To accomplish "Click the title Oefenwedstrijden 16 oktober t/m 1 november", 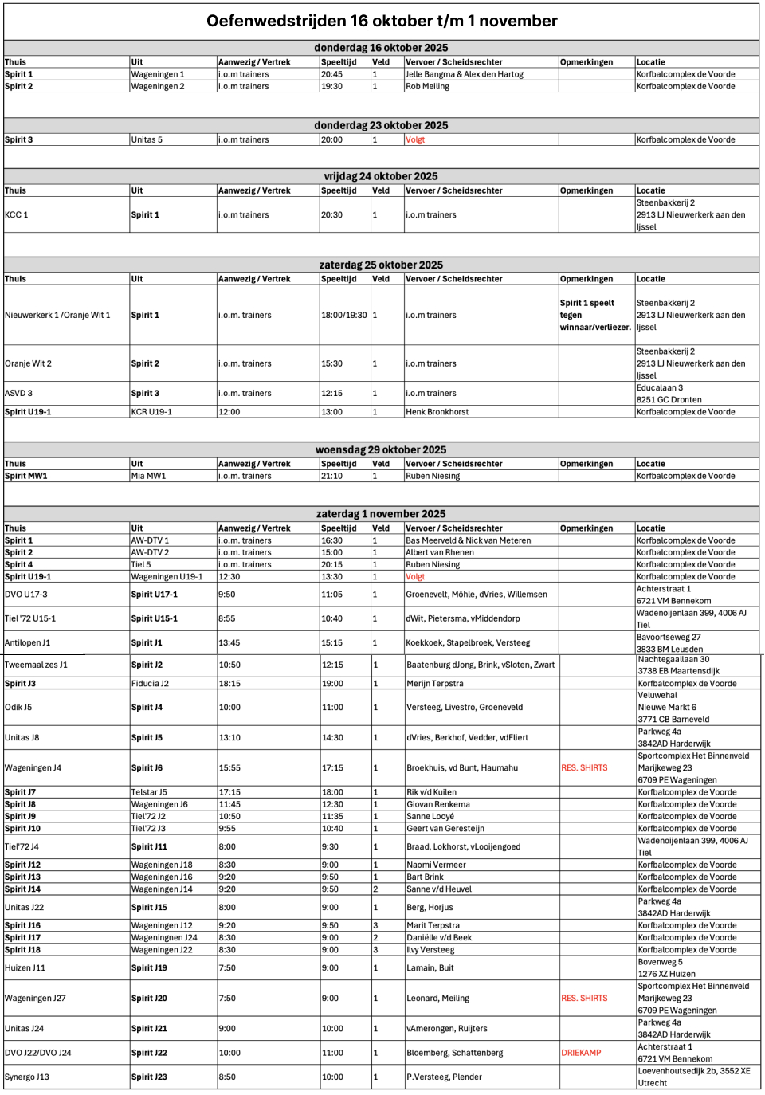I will click(382, 22).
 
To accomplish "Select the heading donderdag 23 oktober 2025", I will click(381, 126).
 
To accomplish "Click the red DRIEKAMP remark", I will click(581, 1053).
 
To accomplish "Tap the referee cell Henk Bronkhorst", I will click(437, 412).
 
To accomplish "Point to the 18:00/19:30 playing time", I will click(344, 316).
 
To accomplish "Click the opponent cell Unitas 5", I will click(147, 140).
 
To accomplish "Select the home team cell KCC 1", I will click(17, 215).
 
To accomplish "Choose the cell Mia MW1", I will click(149, 477).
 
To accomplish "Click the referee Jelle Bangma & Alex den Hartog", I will click(465, 75).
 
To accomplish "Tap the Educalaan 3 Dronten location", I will click(669, 394).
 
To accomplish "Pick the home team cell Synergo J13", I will click(27, 1077).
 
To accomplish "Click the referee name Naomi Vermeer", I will click(437, 865).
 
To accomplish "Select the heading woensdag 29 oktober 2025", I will click(381, 450).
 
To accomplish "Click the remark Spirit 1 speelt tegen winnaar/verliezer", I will click(595, 316).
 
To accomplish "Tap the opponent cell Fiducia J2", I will click(151, 684).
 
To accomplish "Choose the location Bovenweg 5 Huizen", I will click(667, 968).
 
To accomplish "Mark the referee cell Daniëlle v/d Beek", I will click(439, 938).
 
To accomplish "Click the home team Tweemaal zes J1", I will click(37, 665).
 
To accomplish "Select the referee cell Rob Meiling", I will click(428, 87).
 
